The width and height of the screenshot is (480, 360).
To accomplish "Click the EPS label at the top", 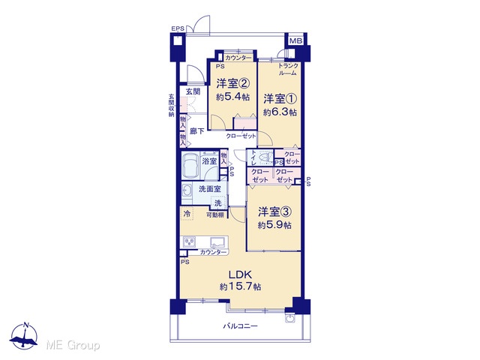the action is [178, 28].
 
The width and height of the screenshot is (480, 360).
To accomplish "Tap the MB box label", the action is [295, 40].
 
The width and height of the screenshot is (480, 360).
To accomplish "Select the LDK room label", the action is [240, 274].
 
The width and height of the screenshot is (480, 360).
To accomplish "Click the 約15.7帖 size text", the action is [240, 286].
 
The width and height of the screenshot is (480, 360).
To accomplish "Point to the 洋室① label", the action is [280, 99].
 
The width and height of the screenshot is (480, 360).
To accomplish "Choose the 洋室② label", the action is [232, 83].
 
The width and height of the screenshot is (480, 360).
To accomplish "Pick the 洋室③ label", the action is [274, 211].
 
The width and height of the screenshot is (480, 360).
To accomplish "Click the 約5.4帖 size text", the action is [232, 97].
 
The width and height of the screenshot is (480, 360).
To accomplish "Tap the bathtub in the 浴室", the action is [190, 165].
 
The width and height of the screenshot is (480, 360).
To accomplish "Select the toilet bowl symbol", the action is [265, 157].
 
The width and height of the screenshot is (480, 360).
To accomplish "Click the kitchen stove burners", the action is [190, 241].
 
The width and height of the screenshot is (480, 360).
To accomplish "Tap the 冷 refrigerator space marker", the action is [187, 214].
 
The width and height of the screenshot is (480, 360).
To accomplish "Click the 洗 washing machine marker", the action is [218, 202].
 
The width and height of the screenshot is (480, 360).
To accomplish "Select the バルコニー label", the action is [240, 326].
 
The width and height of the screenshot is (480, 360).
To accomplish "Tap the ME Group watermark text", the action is [73, 345].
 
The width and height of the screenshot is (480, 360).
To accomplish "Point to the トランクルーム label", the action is [288, 70].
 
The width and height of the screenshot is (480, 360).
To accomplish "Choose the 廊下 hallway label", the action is [196, 131].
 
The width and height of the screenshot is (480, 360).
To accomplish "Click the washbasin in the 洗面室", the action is [187, 191].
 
